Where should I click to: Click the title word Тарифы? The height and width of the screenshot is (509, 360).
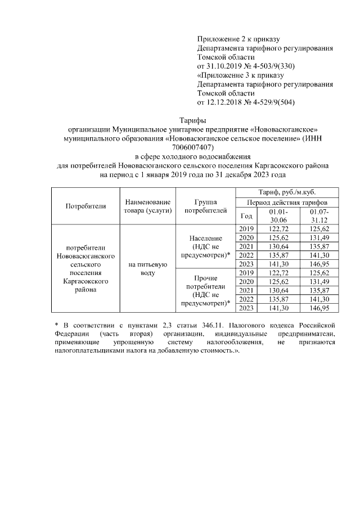[x=192, y=120]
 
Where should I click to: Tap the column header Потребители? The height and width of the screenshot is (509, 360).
[x=85, y=206]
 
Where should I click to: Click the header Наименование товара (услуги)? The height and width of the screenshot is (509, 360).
[x=147, y=206]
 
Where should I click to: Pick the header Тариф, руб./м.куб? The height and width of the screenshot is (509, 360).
[x=291, y=192]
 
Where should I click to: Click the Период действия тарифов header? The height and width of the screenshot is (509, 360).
[x=291, y=202]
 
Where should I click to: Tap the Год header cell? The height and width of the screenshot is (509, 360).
[x=246, y=215]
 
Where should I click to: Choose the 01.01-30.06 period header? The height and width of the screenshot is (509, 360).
[x=278, y=215]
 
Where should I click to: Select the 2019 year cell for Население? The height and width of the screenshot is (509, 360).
[x=246, y=229]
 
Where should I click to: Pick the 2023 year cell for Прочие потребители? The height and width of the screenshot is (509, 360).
[x=246, y=308]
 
